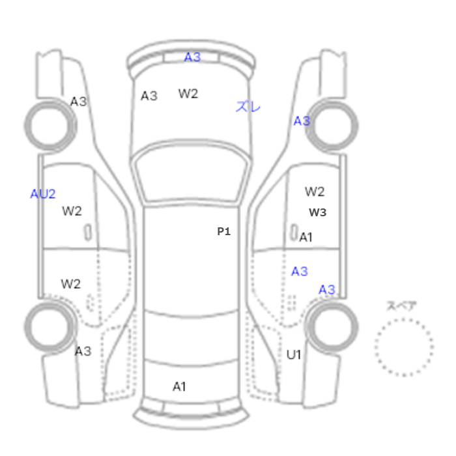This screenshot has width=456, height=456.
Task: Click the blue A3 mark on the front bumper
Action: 193,57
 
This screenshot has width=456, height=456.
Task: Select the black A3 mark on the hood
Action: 149,96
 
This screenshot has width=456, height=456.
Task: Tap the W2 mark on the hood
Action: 188,94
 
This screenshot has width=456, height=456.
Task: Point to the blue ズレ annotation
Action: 248,106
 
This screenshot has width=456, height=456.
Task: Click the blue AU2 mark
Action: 43,194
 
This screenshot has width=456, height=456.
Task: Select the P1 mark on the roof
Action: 224,231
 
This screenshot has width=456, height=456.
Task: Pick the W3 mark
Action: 318,212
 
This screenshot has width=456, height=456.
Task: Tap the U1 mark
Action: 294,355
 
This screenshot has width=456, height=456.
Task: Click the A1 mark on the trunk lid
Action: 179,387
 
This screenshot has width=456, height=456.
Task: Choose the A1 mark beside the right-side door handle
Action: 306,237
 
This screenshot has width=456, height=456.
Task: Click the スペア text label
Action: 402,306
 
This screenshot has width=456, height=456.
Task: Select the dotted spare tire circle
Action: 404,319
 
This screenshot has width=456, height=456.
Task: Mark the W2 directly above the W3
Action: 315,192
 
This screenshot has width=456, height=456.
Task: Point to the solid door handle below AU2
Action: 88,233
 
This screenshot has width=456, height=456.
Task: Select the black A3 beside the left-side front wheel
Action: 79,102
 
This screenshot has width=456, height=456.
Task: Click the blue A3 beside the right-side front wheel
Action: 302,121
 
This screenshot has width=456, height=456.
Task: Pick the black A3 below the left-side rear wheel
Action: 83,351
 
